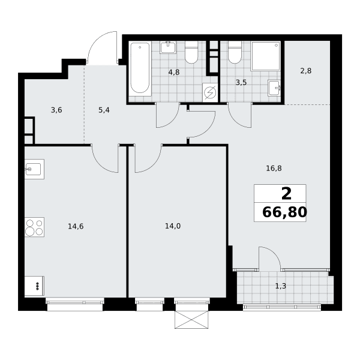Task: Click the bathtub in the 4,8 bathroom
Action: (140, 69)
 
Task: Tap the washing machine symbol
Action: (210, 92)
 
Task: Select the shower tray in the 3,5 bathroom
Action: (266, 56)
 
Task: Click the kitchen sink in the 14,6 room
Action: (34, 169)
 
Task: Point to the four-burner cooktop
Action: (34, 227)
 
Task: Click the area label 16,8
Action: (274, 169)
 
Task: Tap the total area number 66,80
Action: (284, 212)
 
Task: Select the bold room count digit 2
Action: (286, 194)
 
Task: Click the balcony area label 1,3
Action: (281, 286)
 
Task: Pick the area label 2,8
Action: (306, 71)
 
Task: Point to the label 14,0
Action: (173, 226)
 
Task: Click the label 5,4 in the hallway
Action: (104, 110)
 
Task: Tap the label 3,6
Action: (56, 110)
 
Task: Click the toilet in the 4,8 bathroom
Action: (191, 52)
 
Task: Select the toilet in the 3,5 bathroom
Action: (235, 52)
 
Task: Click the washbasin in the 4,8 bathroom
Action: (168, 47)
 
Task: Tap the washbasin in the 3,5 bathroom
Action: (274, 88)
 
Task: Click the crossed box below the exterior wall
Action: (191, 320)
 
